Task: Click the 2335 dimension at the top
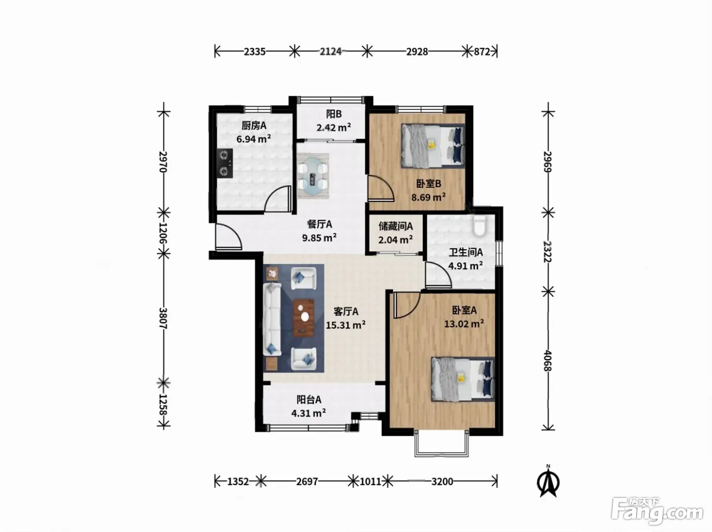click(x=255, y=51)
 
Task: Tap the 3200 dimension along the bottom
click(x=442, y=482)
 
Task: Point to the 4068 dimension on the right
click(x=548, y=360)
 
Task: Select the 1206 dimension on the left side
click(x=163, y=233)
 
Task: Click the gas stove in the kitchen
click(x=225, y=163)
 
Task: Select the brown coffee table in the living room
click(x=304, y=317)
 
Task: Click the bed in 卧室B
click(x=433, y=145)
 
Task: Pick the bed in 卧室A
click(x=463, y=379)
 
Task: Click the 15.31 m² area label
click(x=346, y=324)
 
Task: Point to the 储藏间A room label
click(x=396, y=226)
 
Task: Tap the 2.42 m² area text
click(x=334, y=127)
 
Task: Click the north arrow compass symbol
click(x=548, y=482)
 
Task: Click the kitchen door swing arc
click(x=277, y=198)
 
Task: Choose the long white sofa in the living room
click(x=272, y=319)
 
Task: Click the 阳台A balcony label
click(x=309, y=400)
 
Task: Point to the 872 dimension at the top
click(x=482, y=51)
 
